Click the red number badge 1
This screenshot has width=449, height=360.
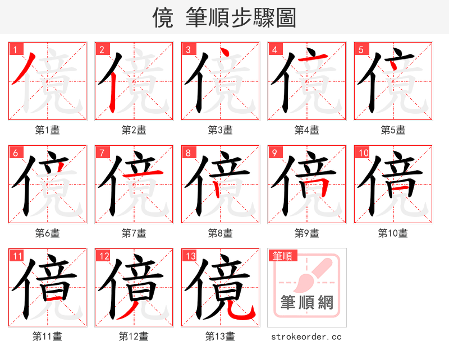15,49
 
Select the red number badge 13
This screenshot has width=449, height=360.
190,256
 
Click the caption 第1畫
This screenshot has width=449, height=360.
48,130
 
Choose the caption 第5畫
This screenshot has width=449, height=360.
393,130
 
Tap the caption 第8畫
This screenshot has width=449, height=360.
220,233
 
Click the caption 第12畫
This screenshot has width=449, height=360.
134,336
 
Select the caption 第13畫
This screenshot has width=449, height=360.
220,336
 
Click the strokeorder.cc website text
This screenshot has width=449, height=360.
306,336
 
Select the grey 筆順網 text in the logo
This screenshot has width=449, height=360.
307,303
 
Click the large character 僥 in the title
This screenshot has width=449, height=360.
163,18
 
